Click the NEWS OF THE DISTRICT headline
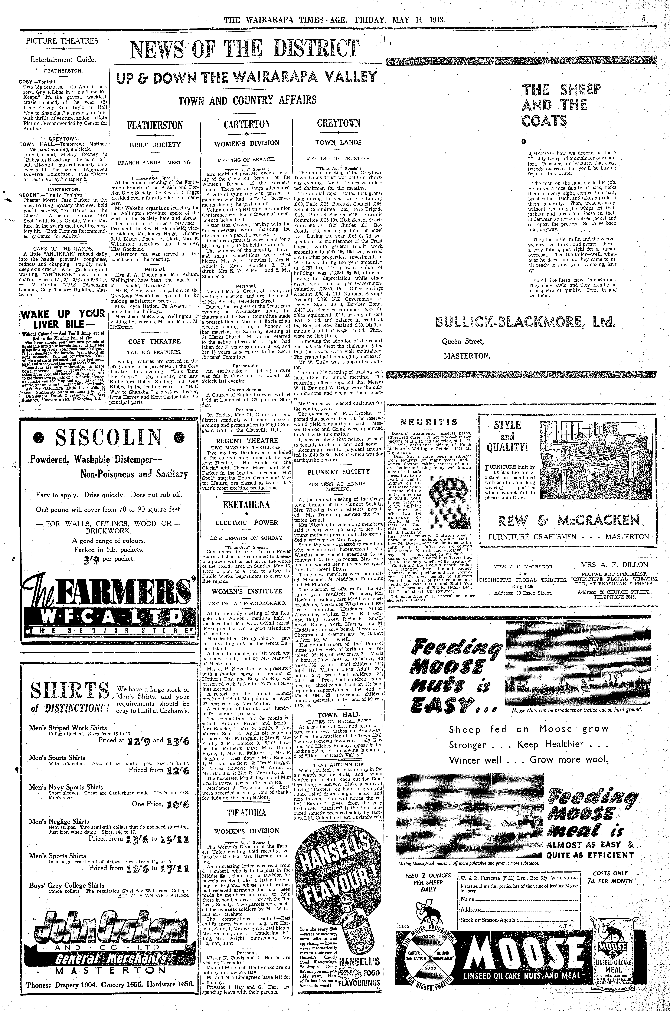tap(245, 50)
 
